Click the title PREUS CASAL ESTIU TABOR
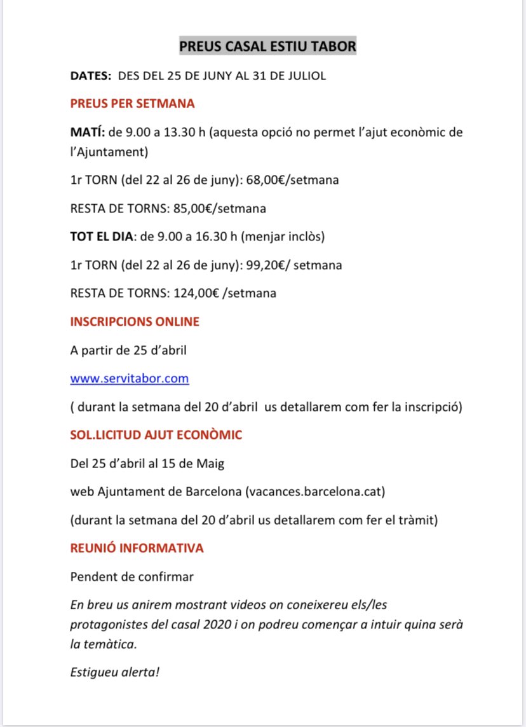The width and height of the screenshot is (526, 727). (x=267, y=47)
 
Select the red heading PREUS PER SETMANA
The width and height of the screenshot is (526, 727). (x=132, y=104)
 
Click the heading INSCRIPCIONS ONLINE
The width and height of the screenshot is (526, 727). (x=135, y=322)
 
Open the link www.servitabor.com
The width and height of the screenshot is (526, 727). (x=130, y=378)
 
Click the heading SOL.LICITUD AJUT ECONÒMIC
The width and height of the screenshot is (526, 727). (x=156, y=435)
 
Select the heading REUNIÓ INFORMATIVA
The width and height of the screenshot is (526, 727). (x=137, y=548)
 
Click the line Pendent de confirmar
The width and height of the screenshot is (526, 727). (x=132, y=577)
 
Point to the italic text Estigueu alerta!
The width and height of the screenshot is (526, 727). (x=114, y=672)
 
